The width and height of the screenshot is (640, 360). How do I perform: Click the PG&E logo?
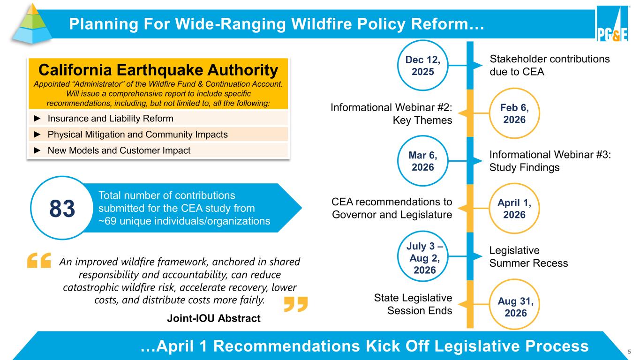coord(612,23)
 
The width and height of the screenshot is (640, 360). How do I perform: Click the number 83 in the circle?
coord(62,208)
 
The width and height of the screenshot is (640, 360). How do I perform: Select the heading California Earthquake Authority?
coord(158,70)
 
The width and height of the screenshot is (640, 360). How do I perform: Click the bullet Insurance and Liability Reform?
coord(110,118)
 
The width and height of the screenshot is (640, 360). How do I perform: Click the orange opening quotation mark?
coord(39,260)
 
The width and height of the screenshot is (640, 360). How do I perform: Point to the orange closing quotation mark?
coord(296,304)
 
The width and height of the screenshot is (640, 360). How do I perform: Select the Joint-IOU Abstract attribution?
coord(214,318)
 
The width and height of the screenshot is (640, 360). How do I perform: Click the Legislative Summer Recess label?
coord(528,256)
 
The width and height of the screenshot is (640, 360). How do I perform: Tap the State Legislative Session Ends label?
coord(413,304)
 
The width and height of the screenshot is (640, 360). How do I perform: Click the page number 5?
coord(629,352)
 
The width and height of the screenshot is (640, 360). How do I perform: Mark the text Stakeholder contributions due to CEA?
coord(550,65)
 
